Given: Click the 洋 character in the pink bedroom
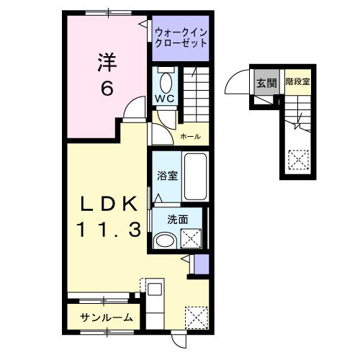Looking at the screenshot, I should pyautogui.click(x=107, y=63).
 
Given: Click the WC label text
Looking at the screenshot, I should pyautogui.click(x=166, y=99).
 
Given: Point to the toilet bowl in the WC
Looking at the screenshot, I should pyautogui.click(x=166, y=79).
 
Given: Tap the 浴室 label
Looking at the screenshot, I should pyautogui.click(x=168, y=176).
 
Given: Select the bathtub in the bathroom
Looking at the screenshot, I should pyautogui.click(x=196, y=176).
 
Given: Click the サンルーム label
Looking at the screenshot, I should pyautogui.click(x=106, y=318).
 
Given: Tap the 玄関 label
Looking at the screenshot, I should pyautogui.click(x=266, y=82).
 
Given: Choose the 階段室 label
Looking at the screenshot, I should pyautogui.click(x=297, y=82).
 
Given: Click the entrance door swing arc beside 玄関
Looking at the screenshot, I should pyautogui.click(x=237, y=84).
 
